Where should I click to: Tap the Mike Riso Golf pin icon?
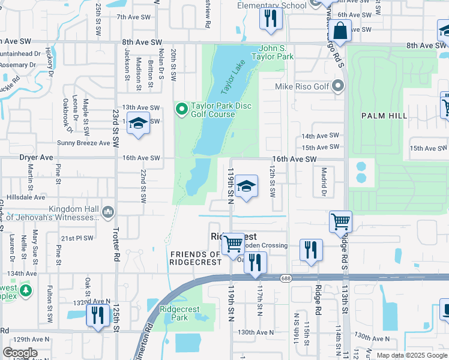[338, 87]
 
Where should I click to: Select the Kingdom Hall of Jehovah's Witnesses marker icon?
[109, 211]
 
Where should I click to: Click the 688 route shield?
[286, 277]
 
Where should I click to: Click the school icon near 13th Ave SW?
[138, 123]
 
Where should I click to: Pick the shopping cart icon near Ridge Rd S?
[340, 221]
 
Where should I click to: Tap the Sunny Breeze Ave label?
[84, 143]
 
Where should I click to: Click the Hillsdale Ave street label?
[25, 197]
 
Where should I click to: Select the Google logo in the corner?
[19, 353]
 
